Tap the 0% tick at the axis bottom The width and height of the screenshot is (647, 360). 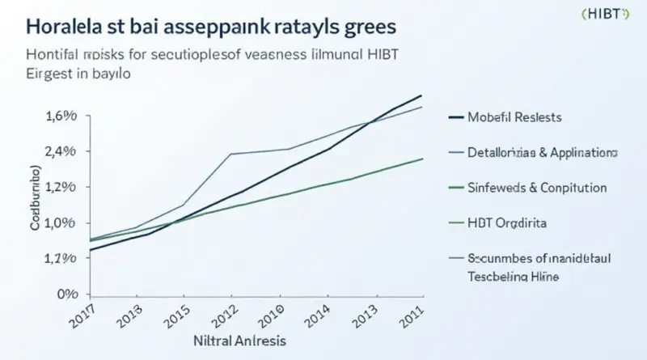[x=69, y=294]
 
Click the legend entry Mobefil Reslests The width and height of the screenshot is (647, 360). [x=514, y=117]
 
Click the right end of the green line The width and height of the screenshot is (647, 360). [x=422, y=159]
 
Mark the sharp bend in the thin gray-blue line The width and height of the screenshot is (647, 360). [x=231, y=154]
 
